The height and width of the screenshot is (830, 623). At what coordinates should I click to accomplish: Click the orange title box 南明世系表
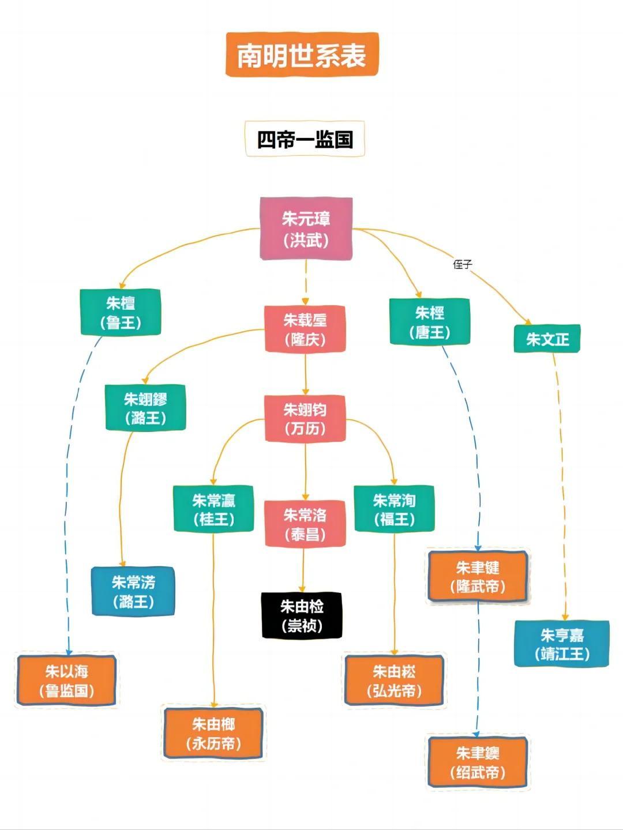click(302, 55)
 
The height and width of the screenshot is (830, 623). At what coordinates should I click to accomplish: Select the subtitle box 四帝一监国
click(305, 139)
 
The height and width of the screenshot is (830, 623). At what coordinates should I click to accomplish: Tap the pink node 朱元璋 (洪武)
click(306, 229)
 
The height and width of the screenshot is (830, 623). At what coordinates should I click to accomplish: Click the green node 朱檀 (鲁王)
click(120, 312)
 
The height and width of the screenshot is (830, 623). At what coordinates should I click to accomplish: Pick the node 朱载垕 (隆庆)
click(305, 329)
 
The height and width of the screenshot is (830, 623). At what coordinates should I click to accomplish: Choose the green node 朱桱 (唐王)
click(430, 322)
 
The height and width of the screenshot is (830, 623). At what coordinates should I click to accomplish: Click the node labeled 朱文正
click(547, 339)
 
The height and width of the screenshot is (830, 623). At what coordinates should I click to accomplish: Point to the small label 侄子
click(463, 265)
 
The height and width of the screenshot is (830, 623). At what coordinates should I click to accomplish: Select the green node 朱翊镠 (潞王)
click(145, 408)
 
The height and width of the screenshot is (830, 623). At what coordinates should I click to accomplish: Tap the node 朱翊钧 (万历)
click(305, 419)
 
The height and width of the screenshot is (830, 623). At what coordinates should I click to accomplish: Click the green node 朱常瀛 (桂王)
click(214, 509)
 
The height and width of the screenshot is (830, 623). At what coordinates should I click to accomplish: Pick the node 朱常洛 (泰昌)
click(305, 524)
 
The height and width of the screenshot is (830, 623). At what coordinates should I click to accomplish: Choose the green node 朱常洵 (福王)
click(394, 509)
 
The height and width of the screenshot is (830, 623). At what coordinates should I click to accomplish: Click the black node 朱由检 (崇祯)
click(302, 615)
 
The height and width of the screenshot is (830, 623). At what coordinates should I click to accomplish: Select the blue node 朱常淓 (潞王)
click(133, 591)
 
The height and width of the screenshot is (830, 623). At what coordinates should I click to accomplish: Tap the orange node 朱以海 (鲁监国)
click(67, 680)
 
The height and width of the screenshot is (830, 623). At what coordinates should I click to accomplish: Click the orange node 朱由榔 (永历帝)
click(213, 733)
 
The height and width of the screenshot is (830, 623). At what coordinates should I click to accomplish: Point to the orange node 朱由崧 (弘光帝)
click(394, 680)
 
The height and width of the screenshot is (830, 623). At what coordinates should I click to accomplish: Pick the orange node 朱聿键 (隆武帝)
click(478, 577)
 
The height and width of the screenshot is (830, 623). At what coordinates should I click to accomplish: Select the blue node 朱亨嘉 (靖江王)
click(561, 644)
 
